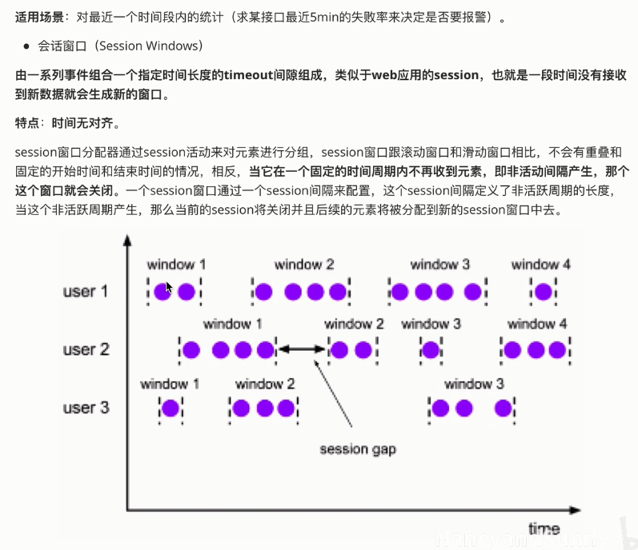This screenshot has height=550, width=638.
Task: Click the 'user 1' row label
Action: tap(85, 292)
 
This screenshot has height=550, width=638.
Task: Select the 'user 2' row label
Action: tap(85, 349)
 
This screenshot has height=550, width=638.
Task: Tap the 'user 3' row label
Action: tap(85, 408)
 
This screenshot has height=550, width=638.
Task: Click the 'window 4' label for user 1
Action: tap(540, 265)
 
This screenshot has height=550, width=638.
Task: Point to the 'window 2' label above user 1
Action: tap(303, 265)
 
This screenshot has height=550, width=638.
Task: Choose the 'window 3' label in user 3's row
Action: tap(474, 384)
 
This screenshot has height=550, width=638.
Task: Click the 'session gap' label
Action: tap(357, 449)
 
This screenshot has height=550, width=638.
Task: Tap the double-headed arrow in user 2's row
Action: tap(303, 349)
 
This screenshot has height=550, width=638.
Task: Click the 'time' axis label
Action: tap(544, 528)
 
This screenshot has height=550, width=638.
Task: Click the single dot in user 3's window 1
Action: tap(170, 409)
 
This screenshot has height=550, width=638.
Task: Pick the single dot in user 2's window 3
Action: tap(431, 349)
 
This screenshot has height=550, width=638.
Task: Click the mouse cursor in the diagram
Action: tap(169, 287)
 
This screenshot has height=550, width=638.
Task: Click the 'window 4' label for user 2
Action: tap(537, 324)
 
